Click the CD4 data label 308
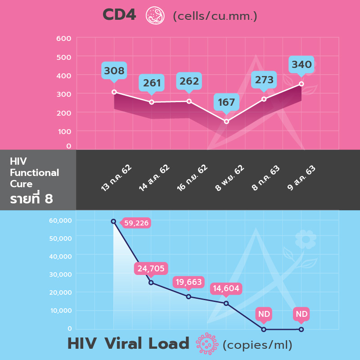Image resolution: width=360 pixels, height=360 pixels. pos(114,71)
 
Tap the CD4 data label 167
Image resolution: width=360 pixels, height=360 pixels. pos(226,102)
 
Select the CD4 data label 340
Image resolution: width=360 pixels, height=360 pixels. pos(301,65)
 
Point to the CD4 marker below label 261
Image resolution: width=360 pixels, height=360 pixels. pos(152,102)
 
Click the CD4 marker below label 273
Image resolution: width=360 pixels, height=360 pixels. pos(264,99)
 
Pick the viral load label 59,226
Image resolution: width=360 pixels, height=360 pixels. pos(136,223)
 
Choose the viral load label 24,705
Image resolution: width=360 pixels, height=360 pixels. pos(151,269)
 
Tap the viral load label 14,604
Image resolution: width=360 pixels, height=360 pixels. pos(226,288)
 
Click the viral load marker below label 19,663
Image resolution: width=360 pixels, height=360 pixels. pos(189,297)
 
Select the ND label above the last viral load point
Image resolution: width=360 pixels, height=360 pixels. pos(301,314)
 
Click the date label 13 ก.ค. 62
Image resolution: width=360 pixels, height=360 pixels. pos(116,178)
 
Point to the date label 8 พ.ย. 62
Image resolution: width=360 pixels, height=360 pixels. pos(229,178)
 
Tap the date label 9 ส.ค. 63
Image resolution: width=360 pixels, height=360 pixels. pos(301,178)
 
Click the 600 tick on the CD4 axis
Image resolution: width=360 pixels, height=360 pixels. pos(64,39)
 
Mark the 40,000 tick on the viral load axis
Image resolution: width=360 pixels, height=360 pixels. pos(59,256)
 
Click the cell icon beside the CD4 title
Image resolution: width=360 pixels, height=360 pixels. pos(155,15)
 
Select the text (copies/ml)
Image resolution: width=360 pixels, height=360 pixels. pos(257,345)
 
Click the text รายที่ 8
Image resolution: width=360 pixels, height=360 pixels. pos(31,198)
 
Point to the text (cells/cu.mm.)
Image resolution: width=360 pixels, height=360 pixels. pos(215,16)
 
